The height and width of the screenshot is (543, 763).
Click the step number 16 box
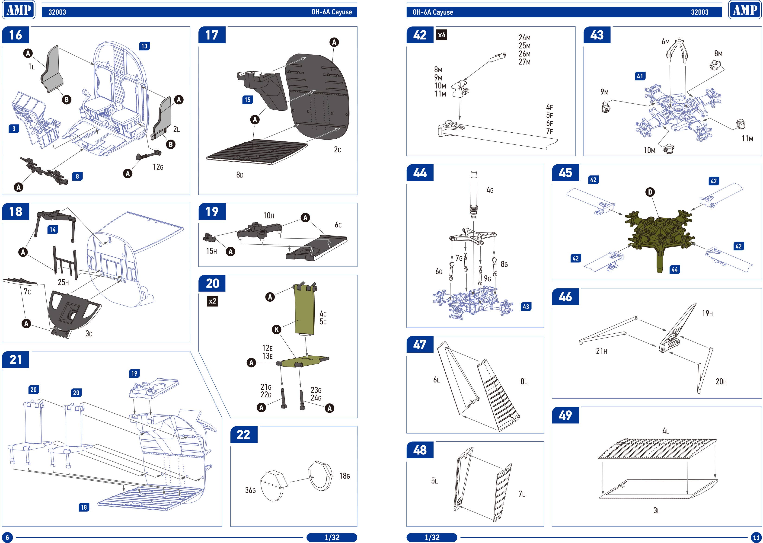(x=15, y=35)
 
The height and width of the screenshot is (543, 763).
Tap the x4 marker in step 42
(x=442, y=35)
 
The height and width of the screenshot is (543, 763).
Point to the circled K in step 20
(x=277, y=330)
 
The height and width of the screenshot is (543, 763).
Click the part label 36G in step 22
(x=250, y=490)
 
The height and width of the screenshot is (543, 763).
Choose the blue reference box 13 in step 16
(x=144, y=46)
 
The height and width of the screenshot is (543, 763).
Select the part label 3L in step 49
(x=656, y=511)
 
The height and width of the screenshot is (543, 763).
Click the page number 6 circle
(x=7, y=537)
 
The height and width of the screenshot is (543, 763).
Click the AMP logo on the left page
(x=19, y=10)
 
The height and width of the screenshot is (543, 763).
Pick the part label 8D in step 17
(x=240, y=175)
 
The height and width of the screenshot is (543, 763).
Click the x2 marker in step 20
(x=212, y=301)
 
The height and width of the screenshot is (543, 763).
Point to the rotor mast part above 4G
(x=474, y=194)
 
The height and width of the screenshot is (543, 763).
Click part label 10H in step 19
(x=268, y=216)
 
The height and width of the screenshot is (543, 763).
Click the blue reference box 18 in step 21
(x=84, y=507)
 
